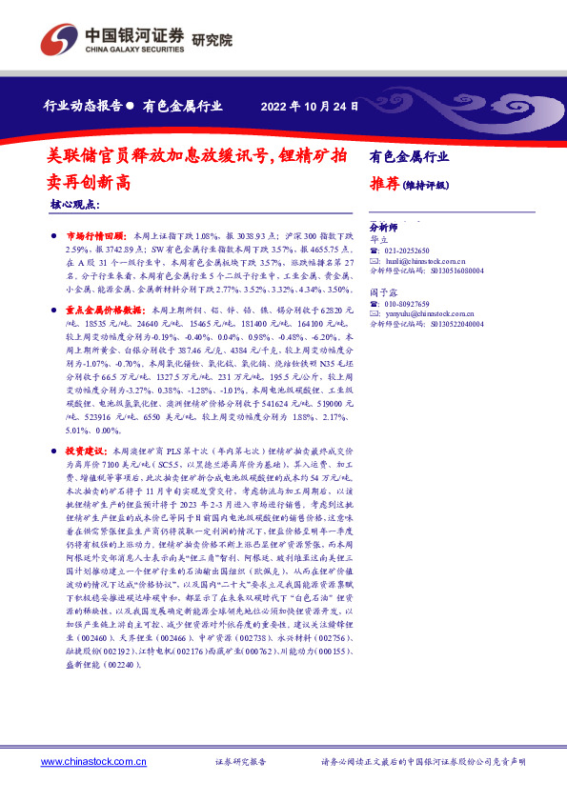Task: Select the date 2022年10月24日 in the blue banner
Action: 309,106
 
